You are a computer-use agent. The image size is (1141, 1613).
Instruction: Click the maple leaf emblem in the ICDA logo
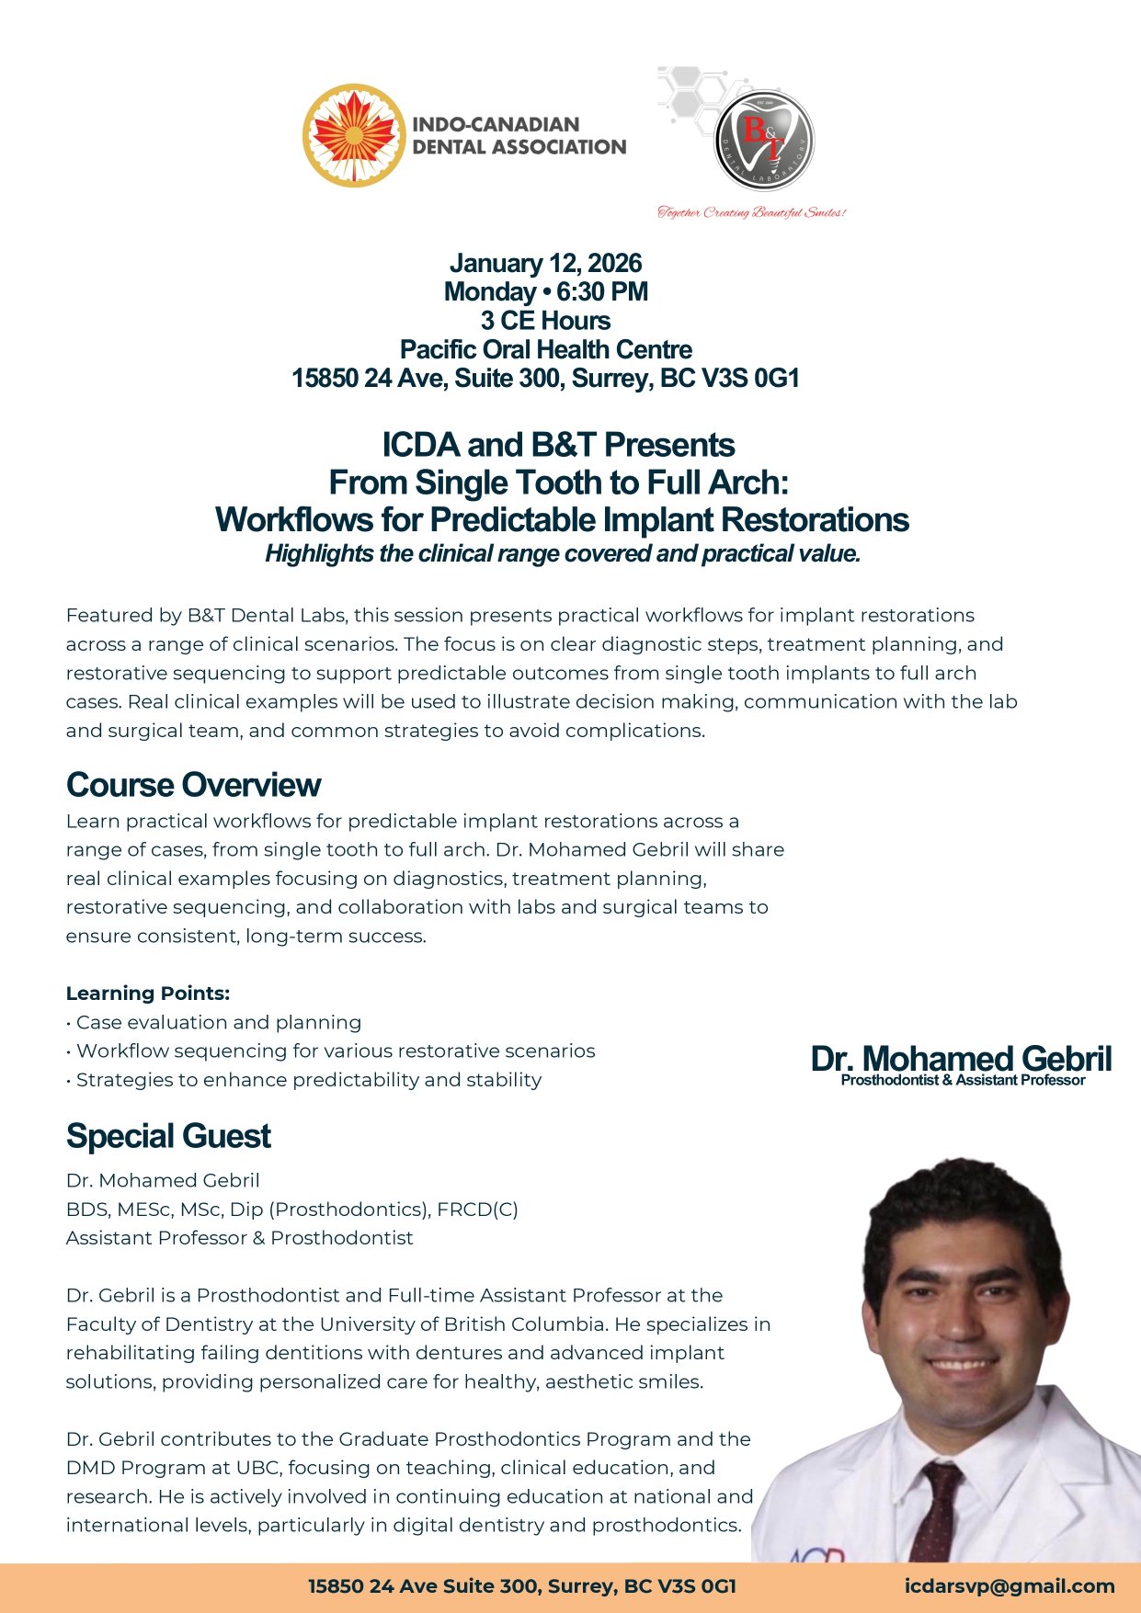tap(354, 136)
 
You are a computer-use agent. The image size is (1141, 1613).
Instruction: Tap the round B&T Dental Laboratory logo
tap(764, 140)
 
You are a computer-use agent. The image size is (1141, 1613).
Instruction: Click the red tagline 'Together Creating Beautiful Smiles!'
tap(751, 213)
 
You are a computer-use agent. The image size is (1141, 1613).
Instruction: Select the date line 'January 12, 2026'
tap(545, 264)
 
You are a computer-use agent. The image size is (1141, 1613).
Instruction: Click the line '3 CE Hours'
tap(545, 321)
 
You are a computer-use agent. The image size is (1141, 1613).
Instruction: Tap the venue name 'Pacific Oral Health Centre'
tap(545, 350)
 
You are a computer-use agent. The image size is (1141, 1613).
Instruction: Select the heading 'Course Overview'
tap(193, 785)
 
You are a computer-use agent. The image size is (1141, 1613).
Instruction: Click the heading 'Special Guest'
tap(168, 1137)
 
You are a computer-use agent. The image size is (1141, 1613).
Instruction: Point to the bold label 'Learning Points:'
tap(148, 994)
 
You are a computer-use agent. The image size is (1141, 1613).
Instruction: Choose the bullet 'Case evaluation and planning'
tap(218, 1022)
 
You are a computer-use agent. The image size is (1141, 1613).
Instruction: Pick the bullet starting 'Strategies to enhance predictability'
tap(308, 1080)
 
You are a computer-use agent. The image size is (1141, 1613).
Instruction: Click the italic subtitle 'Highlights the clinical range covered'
tap(563, 554)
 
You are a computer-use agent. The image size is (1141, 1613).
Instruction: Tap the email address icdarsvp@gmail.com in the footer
tap(1009, 1586)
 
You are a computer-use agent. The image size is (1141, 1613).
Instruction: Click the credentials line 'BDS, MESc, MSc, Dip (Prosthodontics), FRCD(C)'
tap(292, 1210)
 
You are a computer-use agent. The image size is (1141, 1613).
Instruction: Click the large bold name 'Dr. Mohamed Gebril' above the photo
tap(961, 1059)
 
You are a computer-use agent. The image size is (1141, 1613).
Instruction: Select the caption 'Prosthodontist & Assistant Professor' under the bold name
tap(963, 1081)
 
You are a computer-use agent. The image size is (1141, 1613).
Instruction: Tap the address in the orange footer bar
tap(521, 1586)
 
